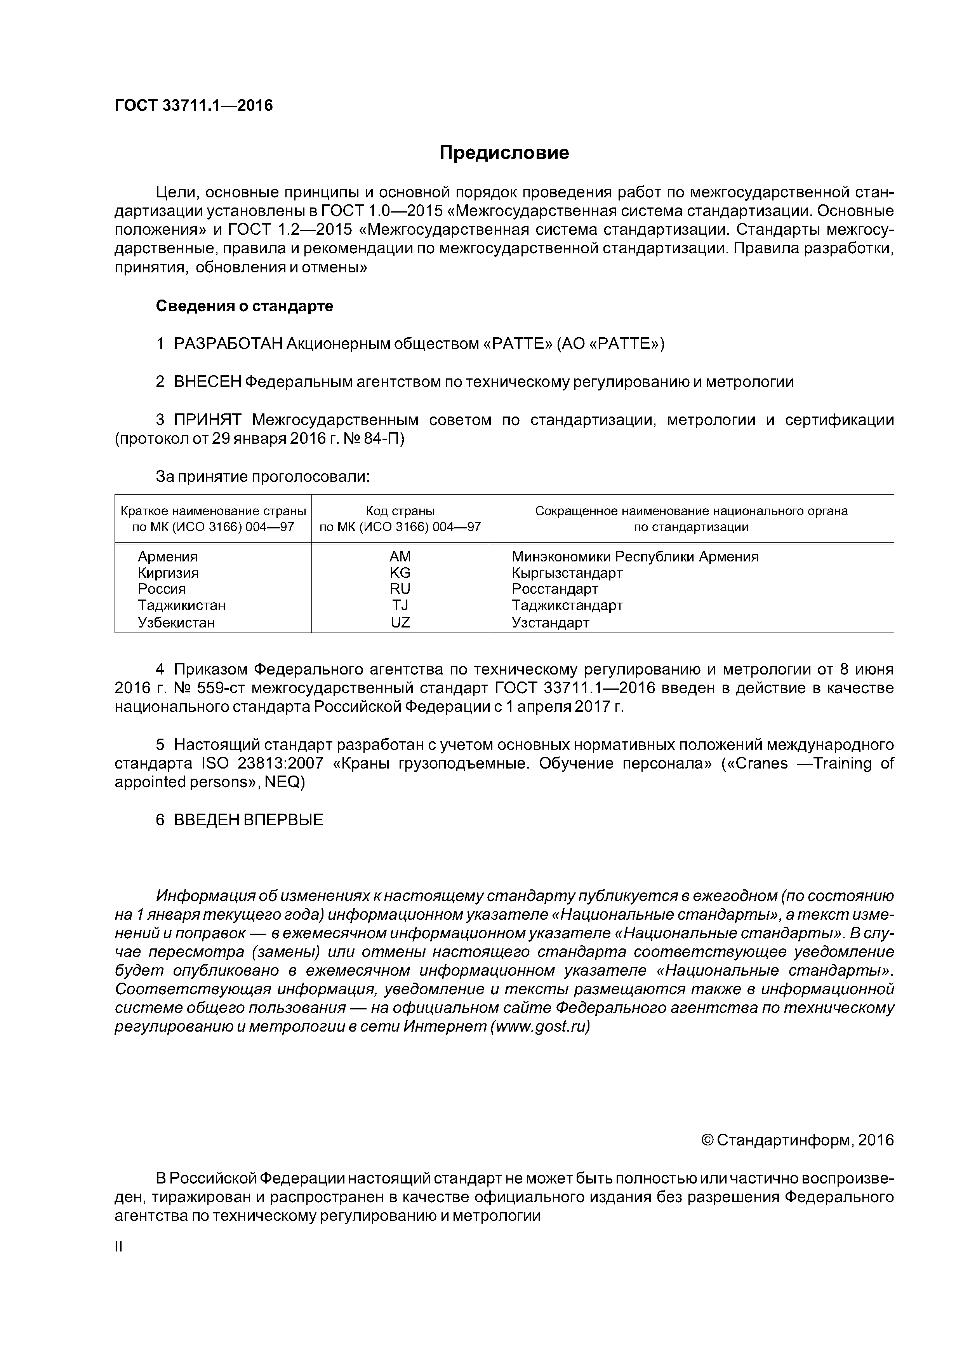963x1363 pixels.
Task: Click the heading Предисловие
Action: click(x=504, y=153)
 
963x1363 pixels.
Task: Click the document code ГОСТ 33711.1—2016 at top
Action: click(x=193, y=106)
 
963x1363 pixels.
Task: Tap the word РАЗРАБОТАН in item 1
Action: click(x=228, y=344)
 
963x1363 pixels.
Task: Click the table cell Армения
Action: click(x=167, y=557)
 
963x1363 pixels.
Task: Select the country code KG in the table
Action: click(x=400, y=573)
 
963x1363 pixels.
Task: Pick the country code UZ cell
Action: click(x=400, y=623)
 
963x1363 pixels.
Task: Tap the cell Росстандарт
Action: click(x=555, y=589)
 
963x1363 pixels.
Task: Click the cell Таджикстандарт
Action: click(x=567, y=605)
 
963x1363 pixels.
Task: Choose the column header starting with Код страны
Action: click(x=400, y=519)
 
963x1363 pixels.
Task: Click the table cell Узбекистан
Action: click(x=176, y=623)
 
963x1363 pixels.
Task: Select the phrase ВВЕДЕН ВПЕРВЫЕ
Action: click(x=249, y=821)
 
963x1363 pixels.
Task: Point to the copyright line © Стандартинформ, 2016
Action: click(x=797, y=1140)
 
